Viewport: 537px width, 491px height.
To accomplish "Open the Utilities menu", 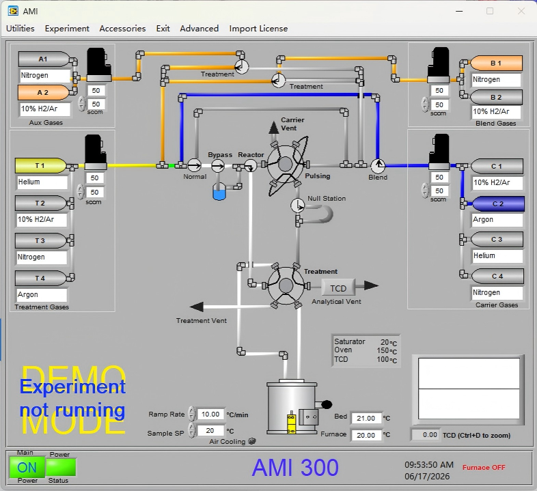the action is click(20, 29).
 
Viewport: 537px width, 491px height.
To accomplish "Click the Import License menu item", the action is click(258, 29).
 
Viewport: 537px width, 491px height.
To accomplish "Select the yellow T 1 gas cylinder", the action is click(40, 166).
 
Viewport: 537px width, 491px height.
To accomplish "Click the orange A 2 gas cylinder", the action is click(43, 92).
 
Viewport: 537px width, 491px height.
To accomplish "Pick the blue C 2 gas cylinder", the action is click(497, 204).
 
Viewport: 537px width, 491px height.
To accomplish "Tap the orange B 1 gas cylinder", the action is click(496, 64).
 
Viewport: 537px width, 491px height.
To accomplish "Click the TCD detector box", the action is click(338, 288).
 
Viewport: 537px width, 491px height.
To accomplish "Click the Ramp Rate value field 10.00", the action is click(210, 415).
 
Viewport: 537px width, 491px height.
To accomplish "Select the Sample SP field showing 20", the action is click(210, 431).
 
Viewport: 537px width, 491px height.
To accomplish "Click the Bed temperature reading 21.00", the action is click(366, 418).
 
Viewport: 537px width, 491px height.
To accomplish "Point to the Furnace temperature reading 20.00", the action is click(366, 435).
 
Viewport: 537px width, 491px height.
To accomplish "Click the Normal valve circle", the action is click(194, 166).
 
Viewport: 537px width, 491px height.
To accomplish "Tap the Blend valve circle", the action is click(378, 166).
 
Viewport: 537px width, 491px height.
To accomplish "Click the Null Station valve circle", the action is click(297, 206).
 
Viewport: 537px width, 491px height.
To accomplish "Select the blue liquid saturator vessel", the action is click(219, 192).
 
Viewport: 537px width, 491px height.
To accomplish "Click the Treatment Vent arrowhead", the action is click(197, 307).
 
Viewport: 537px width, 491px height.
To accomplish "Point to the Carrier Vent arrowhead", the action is click(274, 128).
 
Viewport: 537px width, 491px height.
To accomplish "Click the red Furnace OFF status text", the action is click(484, 467).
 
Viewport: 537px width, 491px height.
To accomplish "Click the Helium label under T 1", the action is click(29, 182).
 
